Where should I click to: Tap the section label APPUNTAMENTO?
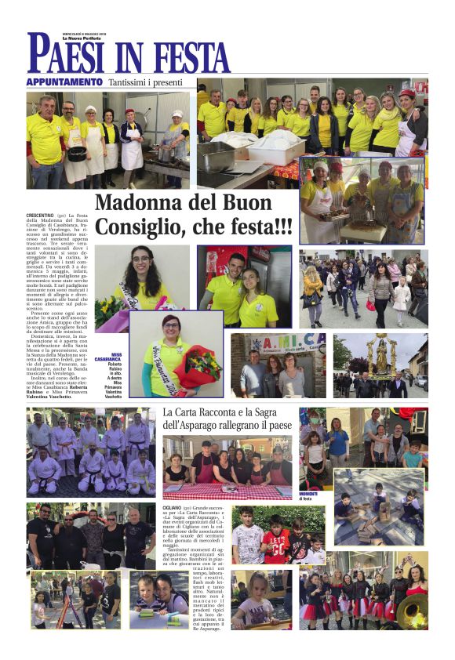[x=64, y=82]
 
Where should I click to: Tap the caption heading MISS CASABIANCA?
[x=107, y=357]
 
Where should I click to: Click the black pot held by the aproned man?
[x=76, y=153]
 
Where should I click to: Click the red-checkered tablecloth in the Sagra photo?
[x=227, y=491]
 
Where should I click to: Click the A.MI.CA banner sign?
[x=278, y=343]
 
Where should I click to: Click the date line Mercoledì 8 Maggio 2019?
[x=84, y=34]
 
